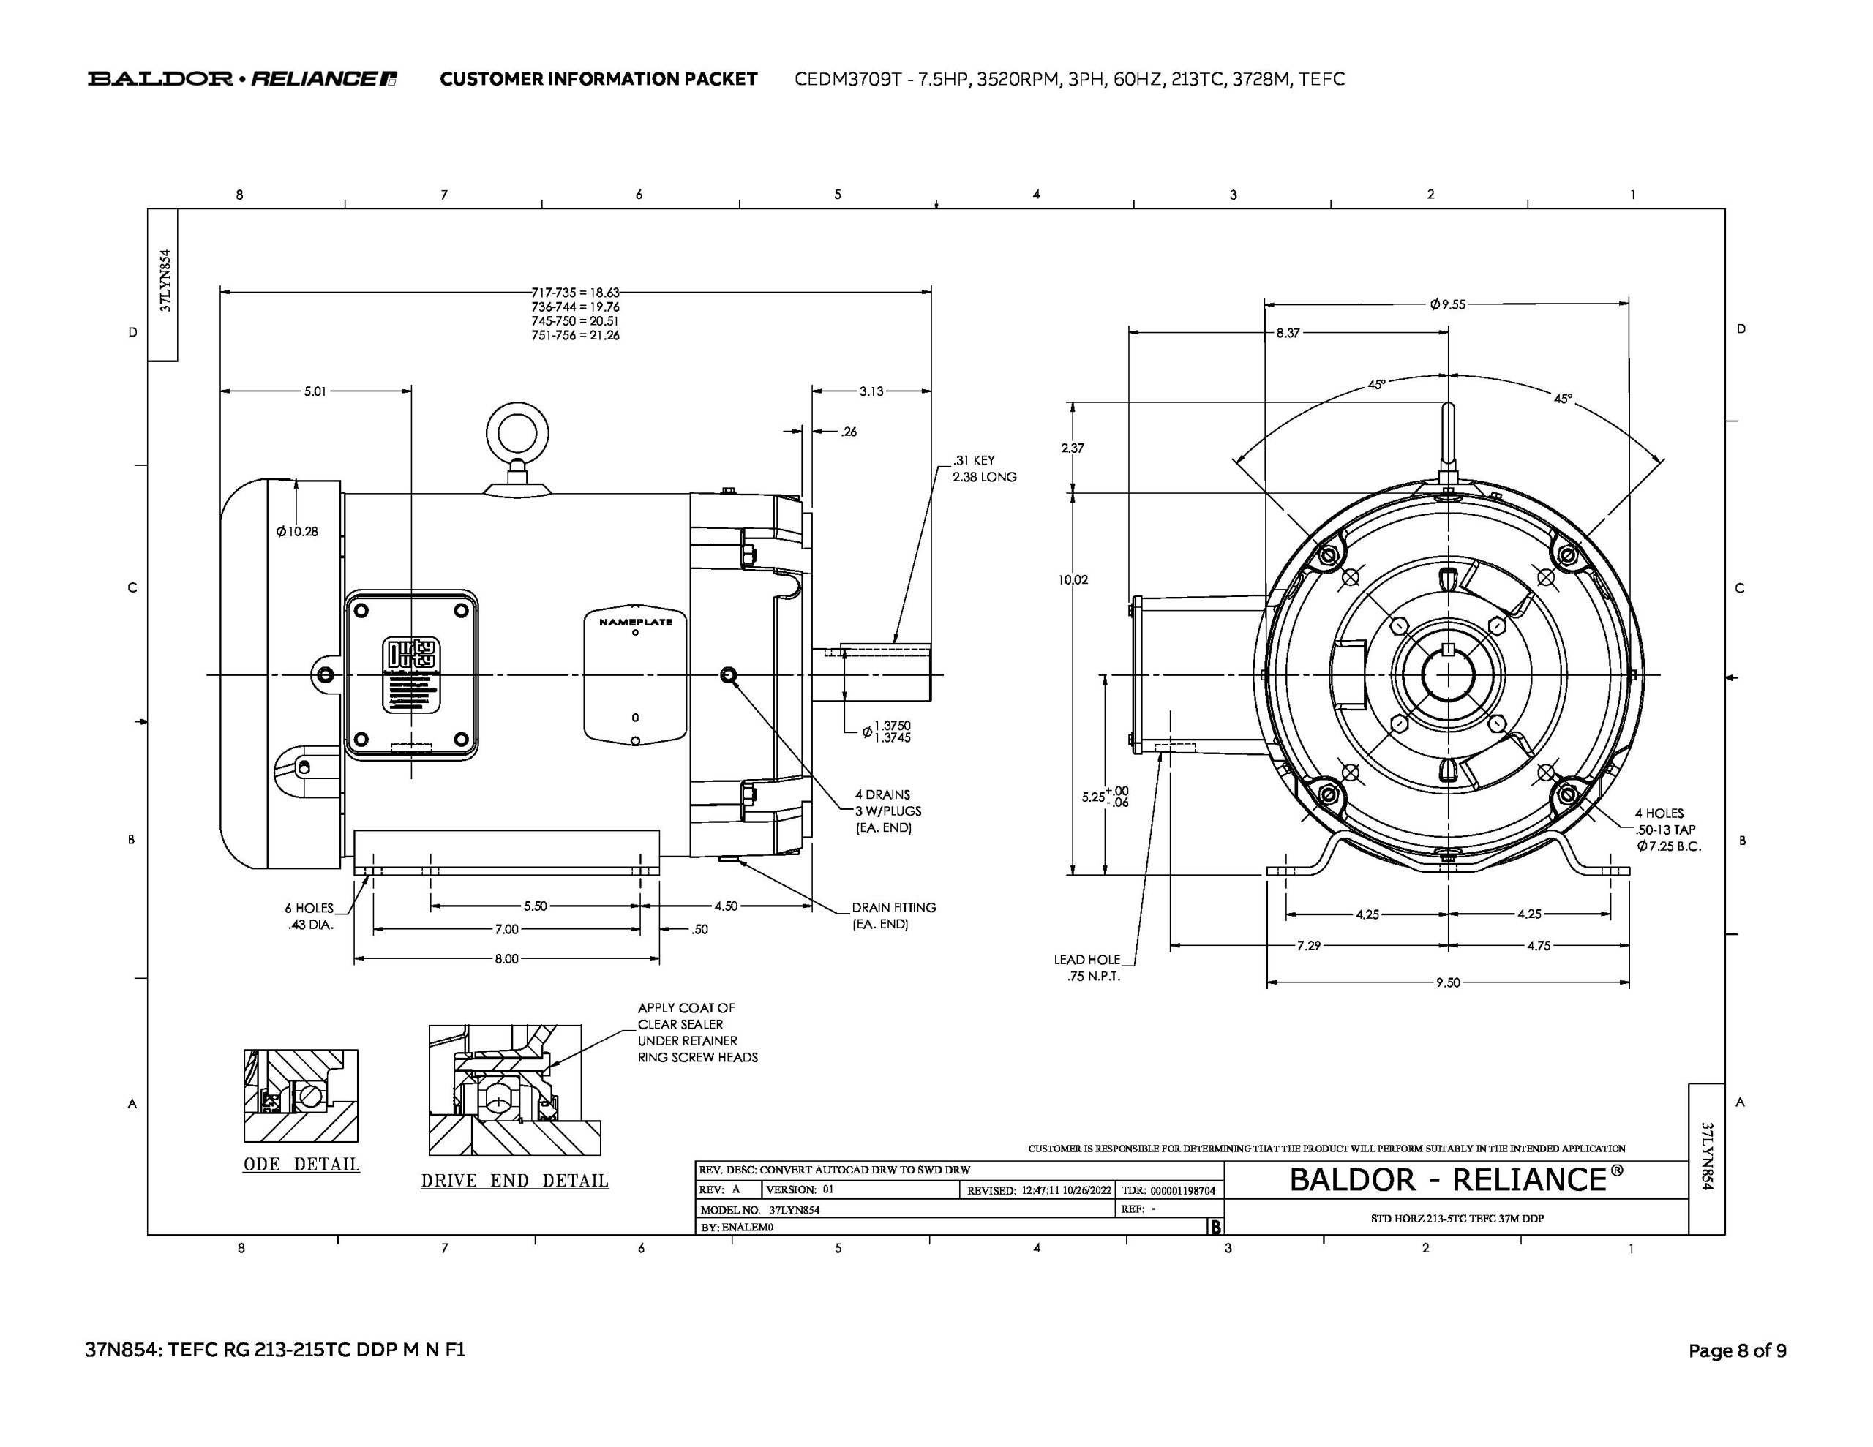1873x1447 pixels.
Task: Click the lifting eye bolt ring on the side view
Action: (517, 432)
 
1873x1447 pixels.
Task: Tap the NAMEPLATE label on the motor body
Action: (636, 622)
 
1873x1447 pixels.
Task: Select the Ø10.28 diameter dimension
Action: (297, 532)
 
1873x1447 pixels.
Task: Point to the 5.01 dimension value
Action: (315, 391)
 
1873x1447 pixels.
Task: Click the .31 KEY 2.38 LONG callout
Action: (983, 468)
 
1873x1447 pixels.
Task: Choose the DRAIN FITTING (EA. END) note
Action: (893, 915)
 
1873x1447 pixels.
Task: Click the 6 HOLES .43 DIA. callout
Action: (309, 916)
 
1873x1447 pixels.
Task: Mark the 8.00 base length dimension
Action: (506, 959)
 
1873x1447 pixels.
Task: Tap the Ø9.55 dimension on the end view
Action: (1448, 304)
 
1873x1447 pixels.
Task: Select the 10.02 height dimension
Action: (1073, 580)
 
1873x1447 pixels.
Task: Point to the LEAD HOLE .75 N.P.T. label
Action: (1086, 968)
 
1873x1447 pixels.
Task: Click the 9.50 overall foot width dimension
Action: (1448, 982)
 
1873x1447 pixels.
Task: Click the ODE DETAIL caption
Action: (302, 1164)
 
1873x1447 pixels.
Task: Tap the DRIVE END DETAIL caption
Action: (514, 1180)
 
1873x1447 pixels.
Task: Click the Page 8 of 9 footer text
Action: (1738, 1351)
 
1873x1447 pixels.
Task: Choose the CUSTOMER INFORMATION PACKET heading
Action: (598, 79)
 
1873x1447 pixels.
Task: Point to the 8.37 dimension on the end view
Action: (1287, 333)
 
